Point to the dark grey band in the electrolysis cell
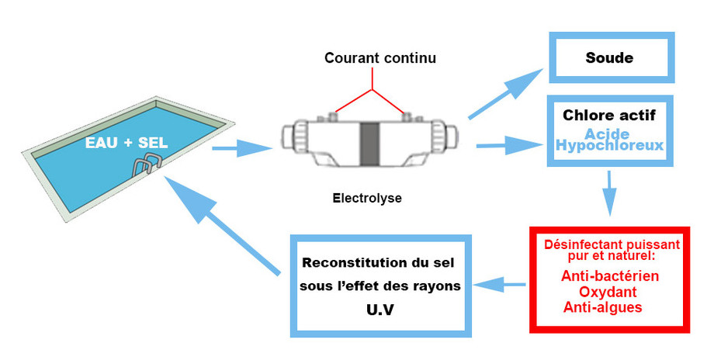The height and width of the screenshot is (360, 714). click(x=369, y=143)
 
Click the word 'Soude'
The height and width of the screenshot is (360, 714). click(x=609, y=58)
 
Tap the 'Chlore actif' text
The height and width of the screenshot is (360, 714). click(x=609, y=116)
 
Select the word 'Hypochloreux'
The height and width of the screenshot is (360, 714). click(x=609, y=145)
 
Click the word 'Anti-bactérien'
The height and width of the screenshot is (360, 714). click(x=608, y=276)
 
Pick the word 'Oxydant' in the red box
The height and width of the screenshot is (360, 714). click(x=608, y=292)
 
